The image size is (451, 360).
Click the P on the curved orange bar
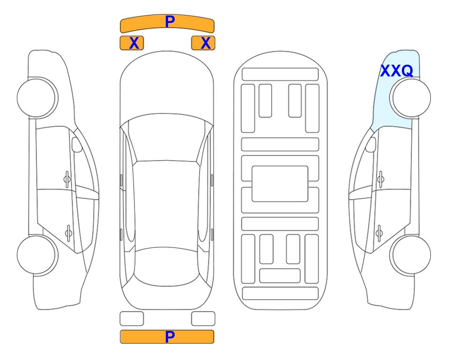click(170, 21)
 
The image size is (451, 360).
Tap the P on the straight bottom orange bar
click(170, 337)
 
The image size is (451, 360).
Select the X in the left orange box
click(134, 43)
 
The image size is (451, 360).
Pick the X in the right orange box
click(206, 43)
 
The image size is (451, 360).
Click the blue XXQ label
click(397, 71)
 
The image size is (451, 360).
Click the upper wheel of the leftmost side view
click(37, 97)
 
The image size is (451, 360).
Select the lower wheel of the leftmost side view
click(37, 255)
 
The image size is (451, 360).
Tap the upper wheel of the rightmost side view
click(410, 97)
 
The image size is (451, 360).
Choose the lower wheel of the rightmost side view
click(410, 255)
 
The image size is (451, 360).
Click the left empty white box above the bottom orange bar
click(132, 319)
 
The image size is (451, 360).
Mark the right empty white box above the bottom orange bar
click(203, 319)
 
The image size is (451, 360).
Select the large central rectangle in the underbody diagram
click(280, 184)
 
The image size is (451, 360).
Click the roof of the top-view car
click(166, 204)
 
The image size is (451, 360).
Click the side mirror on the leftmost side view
click(76, 144)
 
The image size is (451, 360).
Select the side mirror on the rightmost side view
click(371, 144)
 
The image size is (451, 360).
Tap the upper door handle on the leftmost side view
click(67, 180)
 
